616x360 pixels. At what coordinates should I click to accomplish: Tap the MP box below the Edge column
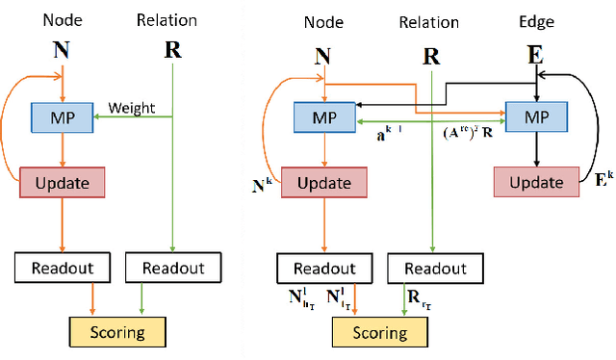(535, 116)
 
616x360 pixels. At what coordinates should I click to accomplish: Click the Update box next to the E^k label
(535, 181)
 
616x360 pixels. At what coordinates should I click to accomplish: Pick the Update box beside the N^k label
(324, 181)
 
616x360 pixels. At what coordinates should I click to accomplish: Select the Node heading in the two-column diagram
(62, 19)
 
